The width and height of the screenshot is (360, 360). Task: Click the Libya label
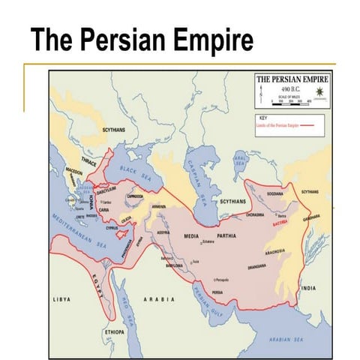click(61, 298)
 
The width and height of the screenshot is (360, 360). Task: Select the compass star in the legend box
click(319, 91)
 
